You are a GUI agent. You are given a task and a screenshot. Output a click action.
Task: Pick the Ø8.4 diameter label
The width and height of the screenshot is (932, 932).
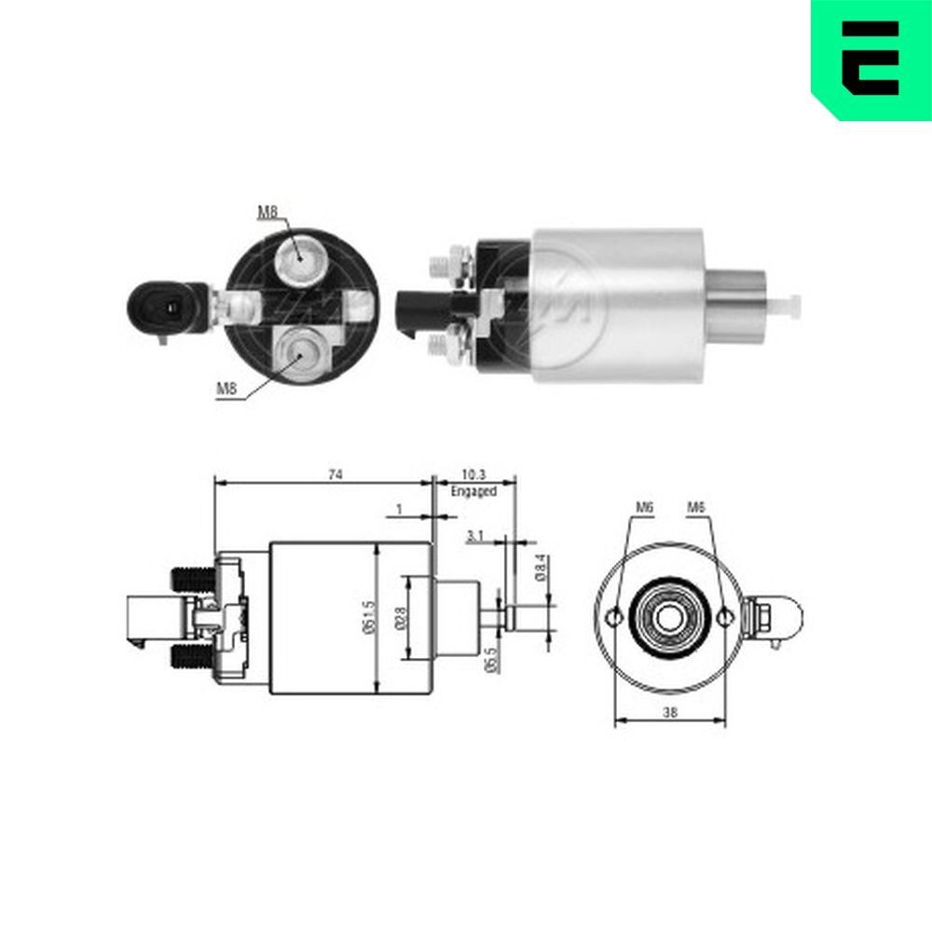pos(540,568)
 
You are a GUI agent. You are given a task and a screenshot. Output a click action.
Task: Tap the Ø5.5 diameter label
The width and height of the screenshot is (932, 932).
pos(490,659)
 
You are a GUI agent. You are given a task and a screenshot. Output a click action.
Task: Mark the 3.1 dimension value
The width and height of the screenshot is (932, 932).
pos(474,536)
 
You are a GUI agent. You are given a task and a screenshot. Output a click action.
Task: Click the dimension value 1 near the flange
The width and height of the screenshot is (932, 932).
pos(399,510)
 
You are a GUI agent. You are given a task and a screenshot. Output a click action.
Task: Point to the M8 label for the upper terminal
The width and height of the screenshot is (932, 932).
pos(267,212)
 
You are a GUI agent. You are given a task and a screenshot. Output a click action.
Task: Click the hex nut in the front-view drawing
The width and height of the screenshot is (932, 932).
pos(761,616)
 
